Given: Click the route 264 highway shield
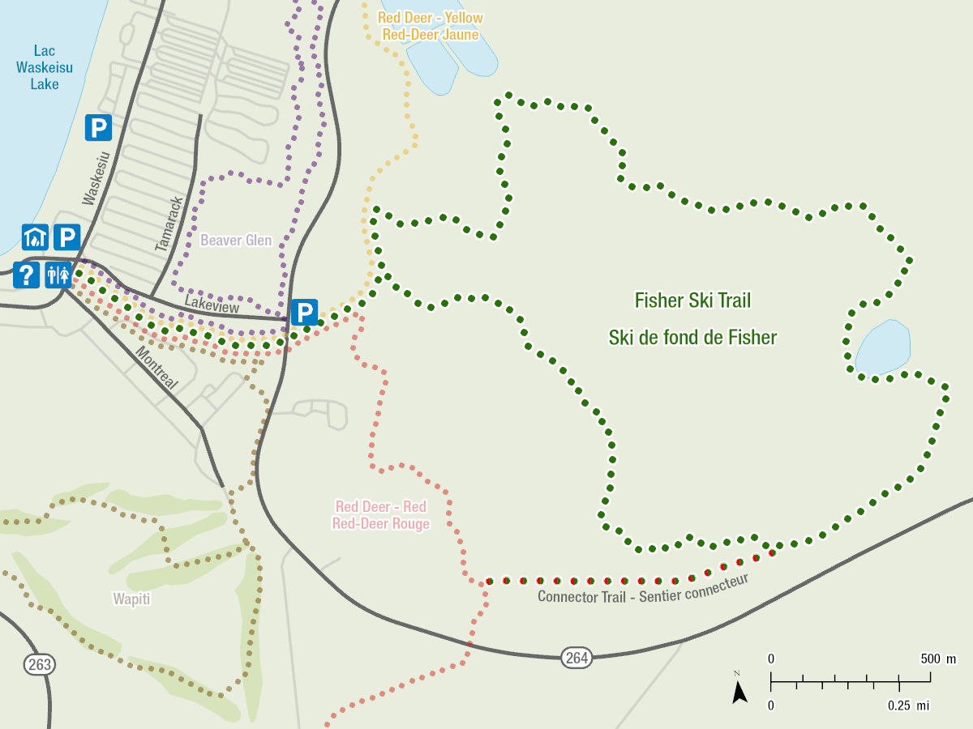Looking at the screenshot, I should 577,657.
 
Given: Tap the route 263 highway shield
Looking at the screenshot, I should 39,665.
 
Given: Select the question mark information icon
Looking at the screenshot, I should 26,275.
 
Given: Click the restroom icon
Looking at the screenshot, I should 59,275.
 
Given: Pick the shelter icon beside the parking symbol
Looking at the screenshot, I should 35,237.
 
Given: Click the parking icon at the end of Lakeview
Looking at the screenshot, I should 304,313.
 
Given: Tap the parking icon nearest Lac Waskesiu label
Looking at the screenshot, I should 98,128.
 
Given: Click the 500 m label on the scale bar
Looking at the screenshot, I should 938,659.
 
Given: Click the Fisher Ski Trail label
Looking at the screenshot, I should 692,301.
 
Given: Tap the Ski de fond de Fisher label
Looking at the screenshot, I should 692,337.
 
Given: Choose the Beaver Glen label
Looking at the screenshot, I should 236,241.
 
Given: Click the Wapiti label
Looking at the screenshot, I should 132,599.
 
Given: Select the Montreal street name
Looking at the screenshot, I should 156,369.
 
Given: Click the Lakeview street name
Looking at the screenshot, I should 212,304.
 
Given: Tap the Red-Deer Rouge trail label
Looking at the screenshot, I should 380,523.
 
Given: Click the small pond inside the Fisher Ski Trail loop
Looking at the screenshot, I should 882,347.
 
